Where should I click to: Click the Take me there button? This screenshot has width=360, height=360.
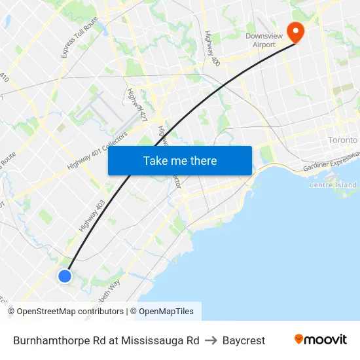pyautogui.click(x=180, y=161)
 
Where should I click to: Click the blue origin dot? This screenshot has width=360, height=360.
pyautogui.click(x=64, y=276)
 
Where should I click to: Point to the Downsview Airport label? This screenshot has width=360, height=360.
pyautogui.click(x=260, y=41)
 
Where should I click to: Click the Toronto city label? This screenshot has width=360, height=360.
pyautogui.click(x=343, y=140)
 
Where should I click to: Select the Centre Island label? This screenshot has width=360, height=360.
pyautogui.click(x=333, y=185)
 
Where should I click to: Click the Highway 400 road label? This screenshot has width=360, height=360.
pyautogui.click(x=211, y=48)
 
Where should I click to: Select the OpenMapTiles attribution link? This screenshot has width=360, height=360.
pyautogui.click(x=166, y=312)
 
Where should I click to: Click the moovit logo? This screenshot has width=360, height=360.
pyautogui.click(x=320, y=340)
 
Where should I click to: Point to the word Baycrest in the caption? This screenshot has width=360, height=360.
pyautogui.click(x=243, y=340)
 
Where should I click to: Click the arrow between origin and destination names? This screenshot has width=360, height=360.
pyautogui.click(x=211, y=340)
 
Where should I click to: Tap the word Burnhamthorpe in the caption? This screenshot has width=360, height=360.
pyautogui.click(x=49, y=340)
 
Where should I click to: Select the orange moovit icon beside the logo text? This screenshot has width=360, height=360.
pyautogui.click(x=299, y=339)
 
